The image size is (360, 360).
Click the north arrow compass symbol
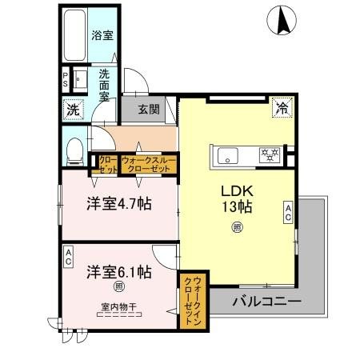point(282,20)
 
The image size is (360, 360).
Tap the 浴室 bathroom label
point(102,35)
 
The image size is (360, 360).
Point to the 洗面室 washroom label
point(105,84)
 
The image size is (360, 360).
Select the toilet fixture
point(74,148)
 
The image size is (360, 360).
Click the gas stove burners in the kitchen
point(267,154)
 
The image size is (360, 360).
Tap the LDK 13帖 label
point(238,199)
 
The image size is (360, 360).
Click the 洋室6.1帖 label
point(119,270)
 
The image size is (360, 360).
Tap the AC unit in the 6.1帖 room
point(69,255)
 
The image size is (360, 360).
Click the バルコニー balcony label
point(266,302)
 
